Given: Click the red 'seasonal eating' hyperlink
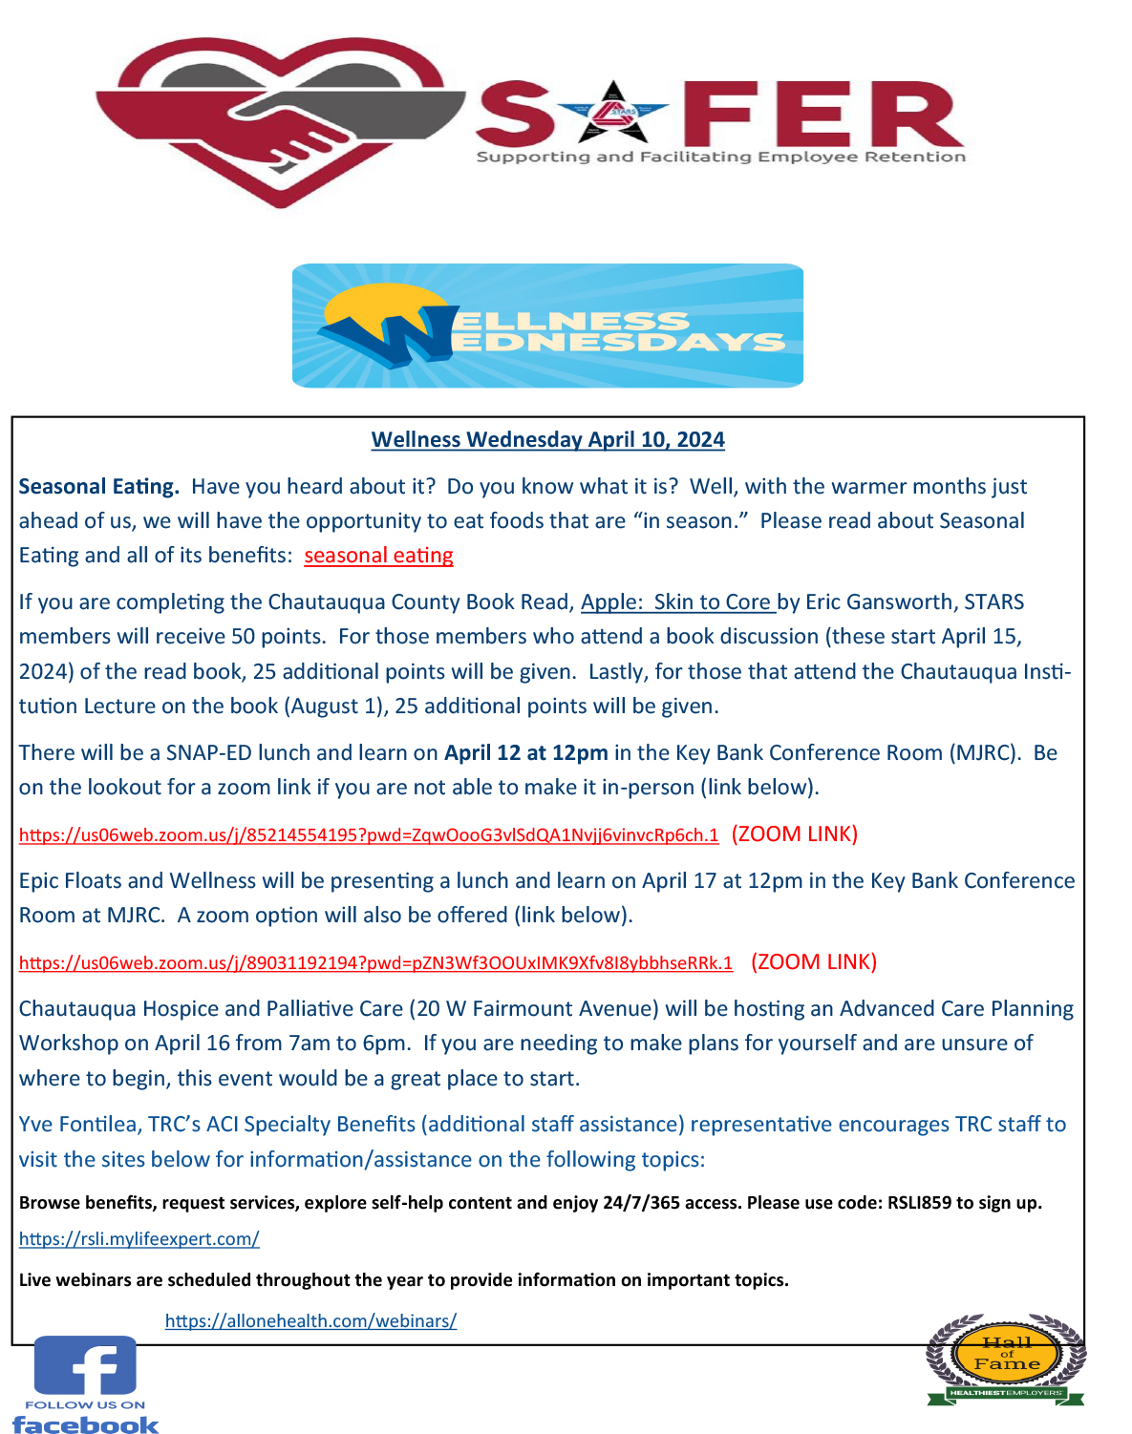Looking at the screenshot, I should tap(378, 556).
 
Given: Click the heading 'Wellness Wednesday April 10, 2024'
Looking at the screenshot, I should tap(547, 440).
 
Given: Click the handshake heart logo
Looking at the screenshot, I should tap(279, 120).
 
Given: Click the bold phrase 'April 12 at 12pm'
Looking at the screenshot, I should tap(525, 753).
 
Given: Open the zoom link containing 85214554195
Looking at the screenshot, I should tap(369, 835).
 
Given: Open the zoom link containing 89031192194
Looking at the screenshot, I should tap(375, 963).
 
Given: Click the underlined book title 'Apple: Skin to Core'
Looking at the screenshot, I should tap(676, 602).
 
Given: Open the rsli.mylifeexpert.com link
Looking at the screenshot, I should tap(139, 1239).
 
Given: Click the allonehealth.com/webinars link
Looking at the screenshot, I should tap(310, 1321).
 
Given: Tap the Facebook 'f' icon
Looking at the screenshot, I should tap(85, 1366).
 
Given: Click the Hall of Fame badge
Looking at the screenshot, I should tap(1006, 1359).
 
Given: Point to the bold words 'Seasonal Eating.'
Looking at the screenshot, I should tap(98, 487).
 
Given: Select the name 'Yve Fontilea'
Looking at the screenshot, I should tap(78, 1125).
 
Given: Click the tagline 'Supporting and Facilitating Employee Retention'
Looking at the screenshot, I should tap(720, 157).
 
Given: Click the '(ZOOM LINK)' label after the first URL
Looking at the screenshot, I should tap(794, 834).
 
